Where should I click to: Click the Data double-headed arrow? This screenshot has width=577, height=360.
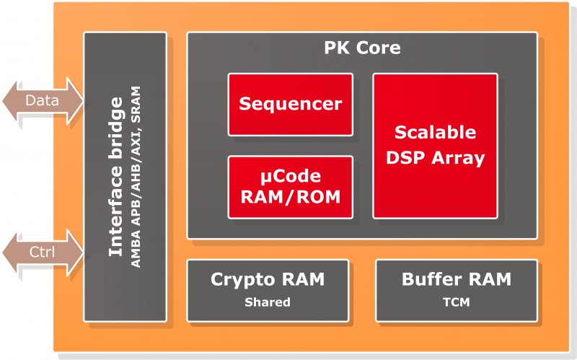43,100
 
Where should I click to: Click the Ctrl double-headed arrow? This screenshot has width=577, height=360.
43,252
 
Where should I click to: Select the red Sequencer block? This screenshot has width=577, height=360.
290,104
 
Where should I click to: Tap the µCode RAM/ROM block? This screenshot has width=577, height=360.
290,187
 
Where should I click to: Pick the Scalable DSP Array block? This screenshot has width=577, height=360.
435,145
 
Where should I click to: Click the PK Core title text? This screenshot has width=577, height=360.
362,49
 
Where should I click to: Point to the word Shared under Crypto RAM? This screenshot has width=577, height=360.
267,303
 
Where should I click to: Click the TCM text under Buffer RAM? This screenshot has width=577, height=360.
456,303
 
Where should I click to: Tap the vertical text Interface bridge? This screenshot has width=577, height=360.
115,177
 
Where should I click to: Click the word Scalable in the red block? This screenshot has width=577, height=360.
435,133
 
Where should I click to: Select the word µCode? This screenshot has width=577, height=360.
290,177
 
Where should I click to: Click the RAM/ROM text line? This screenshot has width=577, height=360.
290,196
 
